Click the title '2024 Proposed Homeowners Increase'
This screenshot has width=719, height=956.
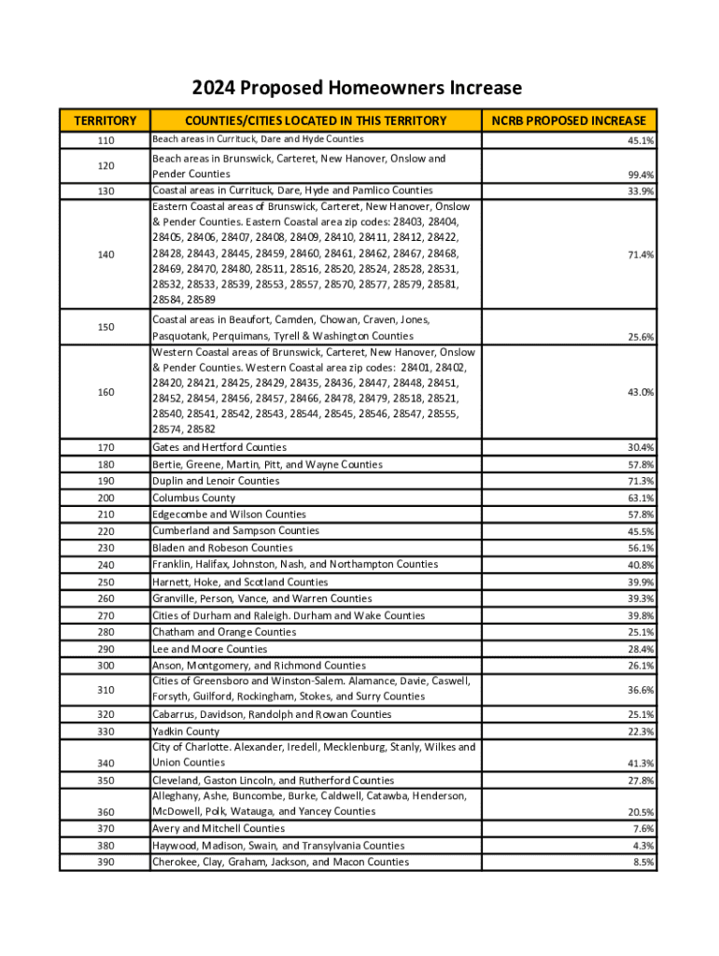[x=357, y=89]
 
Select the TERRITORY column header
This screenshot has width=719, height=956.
[x=106, y=120]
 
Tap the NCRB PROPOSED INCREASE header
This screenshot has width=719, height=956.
[x=569, y=120]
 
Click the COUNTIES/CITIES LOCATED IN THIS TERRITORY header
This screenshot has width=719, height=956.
[x=316, y=120]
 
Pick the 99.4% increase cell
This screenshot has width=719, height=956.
[x=641, y=175]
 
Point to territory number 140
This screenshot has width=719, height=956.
[x=106, y=254]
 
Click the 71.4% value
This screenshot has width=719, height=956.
[x=641, y=254]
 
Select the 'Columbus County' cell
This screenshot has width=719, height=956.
[x=193, y=498]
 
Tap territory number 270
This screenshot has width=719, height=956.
[x=106, y=615]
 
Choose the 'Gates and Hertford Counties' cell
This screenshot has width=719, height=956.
[x=219, y=447]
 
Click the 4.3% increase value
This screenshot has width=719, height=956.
[x=643, y=846]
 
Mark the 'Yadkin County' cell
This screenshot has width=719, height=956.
[x=186, y=732]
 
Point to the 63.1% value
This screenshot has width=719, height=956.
[x=641, y=498]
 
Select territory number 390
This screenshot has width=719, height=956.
[x=106, y=863]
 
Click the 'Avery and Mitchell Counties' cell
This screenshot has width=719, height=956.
[x=219, y=829]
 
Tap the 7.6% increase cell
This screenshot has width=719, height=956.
[x=643, y=829]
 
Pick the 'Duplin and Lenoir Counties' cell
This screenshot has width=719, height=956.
[x=216, y=481]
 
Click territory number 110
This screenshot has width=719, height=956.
[x=106, y=140]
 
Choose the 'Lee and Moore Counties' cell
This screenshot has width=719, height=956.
[x=209, y=649]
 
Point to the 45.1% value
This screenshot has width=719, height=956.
[x=641, y=141]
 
